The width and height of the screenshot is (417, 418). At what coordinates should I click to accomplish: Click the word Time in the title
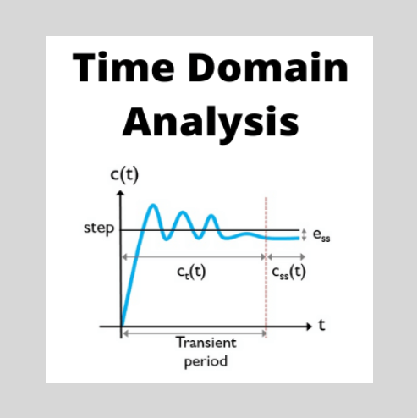(118, 67)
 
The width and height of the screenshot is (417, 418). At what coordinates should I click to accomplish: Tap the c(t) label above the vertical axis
(123, 176)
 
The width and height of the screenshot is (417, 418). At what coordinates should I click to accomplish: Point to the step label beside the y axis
(99, 228)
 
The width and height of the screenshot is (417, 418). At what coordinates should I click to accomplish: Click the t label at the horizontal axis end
(321, 326)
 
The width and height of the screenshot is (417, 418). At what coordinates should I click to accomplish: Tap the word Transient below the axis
(206, 343)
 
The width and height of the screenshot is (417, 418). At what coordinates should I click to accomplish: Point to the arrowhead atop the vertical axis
(123, 194)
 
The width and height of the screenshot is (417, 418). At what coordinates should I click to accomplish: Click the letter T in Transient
(179, 343)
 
